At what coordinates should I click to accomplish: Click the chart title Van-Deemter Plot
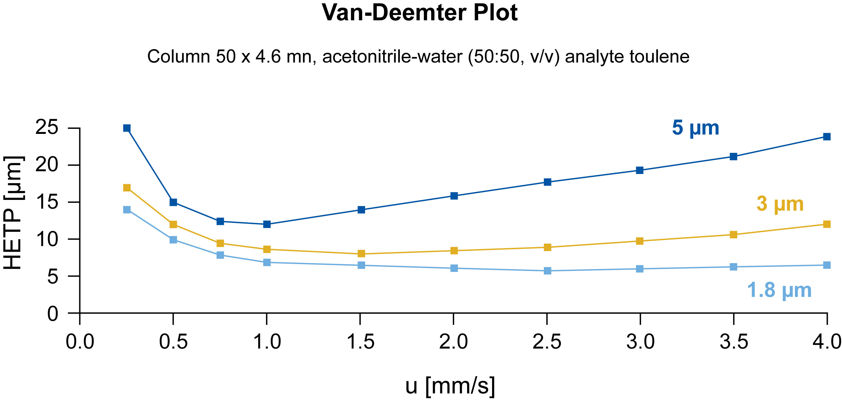point(420,13)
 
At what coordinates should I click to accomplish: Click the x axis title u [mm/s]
point(450,386)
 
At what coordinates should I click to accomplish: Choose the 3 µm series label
point(780,204)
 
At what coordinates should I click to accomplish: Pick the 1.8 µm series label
point(779,290)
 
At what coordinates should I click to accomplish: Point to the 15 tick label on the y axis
point(47,202)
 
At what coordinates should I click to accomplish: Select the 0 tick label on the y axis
point(53,314)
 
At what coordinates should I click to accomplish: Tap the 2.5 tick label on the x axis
point(547,342)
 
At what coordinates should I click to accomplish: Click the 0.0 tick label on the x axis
point(80,342)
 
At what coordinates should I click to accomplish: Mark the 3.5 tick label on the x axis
point(734,342)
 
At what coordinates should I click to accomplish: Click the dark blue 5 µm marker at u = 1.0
point(267,224)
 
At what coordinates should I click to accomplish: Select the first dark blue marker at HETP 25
point(127,128)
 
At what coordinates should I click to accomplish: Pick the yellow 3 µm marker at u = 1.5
point(361,254)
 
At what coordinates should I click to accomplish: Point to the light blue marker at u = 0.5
point(173,240)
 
